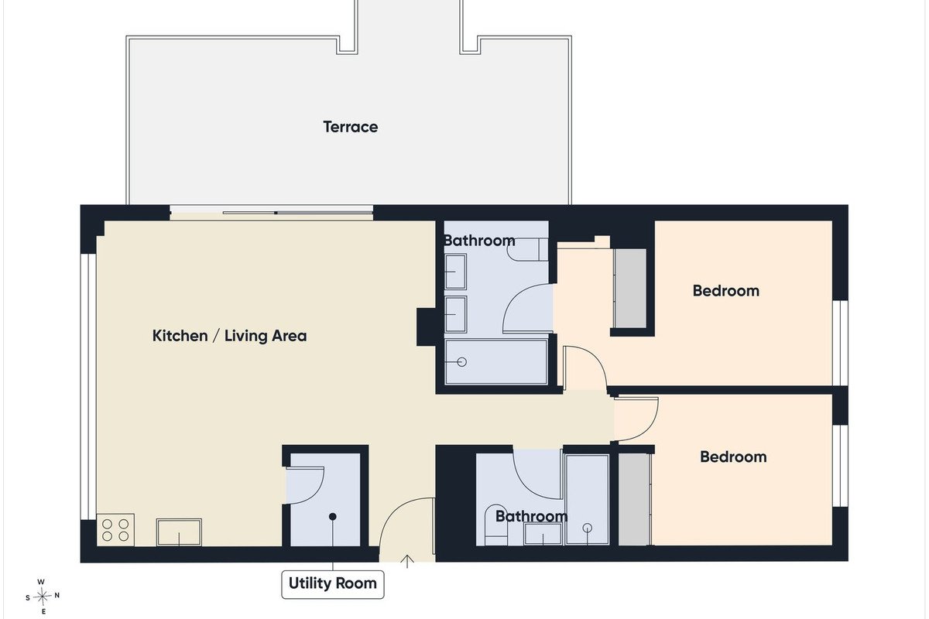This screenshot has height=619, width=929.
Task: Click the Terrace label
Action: [x=351, y=127]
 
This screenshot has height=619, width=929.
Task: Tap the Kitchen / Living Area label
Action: [x=229, y=336]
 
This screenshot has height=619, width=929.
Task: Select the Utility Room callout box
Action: [x=333, y=584]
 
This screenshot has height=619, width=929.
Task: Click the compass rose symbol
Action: [x=42, y=597]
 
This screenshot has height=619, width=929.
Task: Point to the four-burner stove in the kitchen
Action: [x=115, y=530]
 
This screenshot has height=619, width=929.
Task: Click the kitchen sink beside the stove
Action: [x=179, y=532]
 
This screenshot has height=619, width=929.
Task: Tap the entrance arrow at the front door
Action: [x=407, y=562]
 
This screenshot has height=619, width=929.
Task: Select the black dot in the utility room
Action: [x=333, y=517]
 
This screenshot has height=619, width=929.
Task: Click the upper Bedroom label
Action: [x=726, y=291]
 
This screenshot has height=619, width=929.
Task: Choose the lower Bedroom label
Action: [x=733, y=457]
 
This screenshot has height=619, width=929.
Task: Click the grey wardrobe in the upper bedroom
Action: [x=630, y=289]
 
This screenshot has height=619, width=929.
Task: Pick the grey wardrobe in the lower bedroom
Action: [x=635, y=500]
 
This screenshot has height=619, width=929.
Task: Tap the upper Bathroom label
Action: [x=479, y=241]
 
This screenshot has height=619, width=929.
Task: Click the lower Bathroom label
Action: [x=531, y=516]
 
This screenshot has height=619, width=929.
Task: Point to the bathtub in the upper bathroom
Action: [x=496, y=362]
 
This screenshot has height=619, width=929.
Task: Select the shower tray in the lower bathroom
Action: [x=588, y=500]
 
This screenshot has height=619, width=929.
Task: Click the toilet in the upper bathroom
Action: [x=527, y=249]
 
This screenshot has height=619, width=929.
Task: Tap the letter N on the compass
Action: [x=57, y=596]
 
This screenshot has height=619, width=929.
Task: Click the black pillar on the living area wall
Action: [x=426, y=327]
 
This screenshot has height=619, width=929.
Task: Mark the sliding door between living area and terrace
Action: [x=272, y=213]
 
